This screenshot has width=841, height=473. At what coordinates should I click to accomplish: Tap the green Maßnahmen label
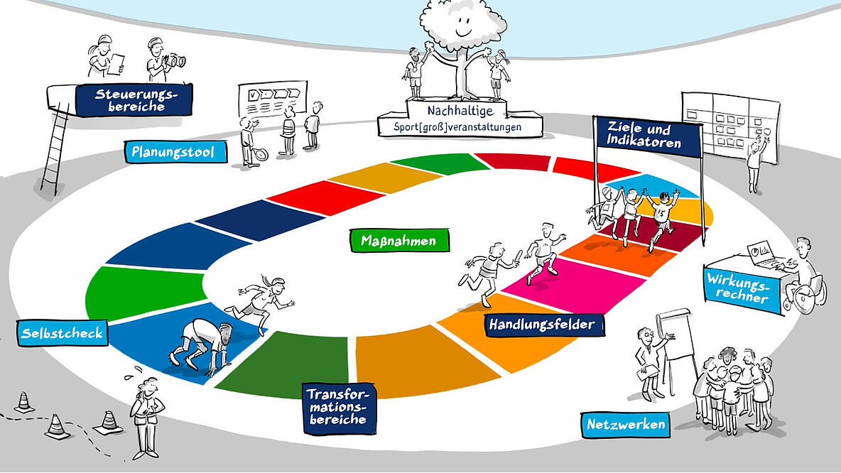point(402,241)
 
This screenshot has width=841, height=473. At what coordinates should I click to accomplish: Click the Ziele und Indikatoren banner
point(648,135)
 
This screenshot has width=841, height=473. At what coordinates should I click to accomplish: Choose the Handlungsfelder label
point(546,325)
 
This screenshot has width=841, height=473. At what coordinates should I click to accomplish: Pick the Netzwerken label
point(626,425)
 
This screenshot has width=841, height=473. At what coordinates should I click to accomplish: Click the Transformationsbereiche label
point(338,408)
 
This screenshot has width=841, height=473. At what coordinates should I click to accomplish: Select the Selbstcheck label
point(63,332)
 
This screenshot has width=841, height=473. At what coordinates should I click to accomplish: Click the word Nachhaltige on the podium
point(460,111)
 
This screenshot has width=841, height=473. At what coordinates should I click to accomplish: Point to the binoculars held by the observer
point(175,61)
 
